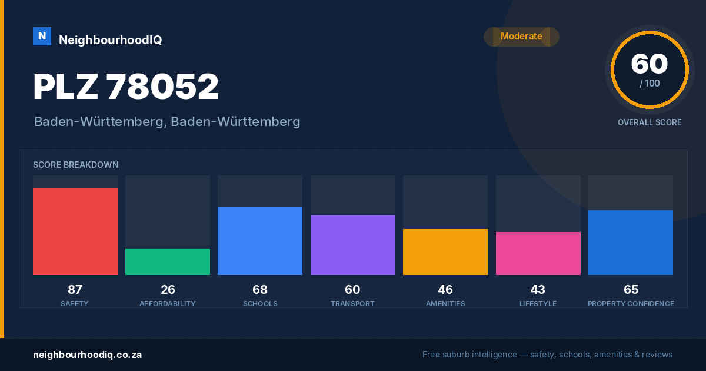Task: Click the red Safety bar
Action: [x=75, y=231]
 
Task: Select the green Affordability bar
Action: [x=168, y=261]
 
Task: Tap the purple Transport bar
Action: [x=352, y=245]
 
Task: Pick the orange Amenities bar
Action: [x=445, y=252]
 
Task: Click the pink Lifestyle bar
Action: [x=538, y=253]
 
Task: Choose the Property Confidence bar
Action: [x=631, y=242]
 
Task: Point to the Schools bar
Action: [x=260, y=241]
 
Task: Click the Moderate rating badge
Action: [x=521, y=37]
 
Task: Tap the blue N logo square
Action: [x=42, y=37]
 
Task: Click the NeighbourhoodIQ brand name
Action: [x=111, y=40]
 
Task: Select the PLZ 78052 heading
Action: [x=126, y=86]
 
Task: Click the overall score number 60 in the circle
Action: [x=650, y=64]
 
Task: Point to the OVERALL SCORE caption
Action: [x=650, y=122]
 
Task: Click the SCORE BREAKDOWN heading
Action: [x=76, y=165]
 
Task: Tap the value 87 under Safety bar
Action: [x=75, y=290]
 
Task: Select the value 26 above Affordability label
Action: [x=168, y=290]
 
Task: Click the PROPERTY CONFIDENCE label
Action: [x=631, y=304]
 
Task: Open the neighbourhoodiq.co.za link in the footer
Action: [x=87, y=355]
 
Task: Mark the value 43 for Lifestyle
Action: [x=538, y=290]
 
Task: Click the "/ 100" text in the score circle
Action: [x=650, y=83]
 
